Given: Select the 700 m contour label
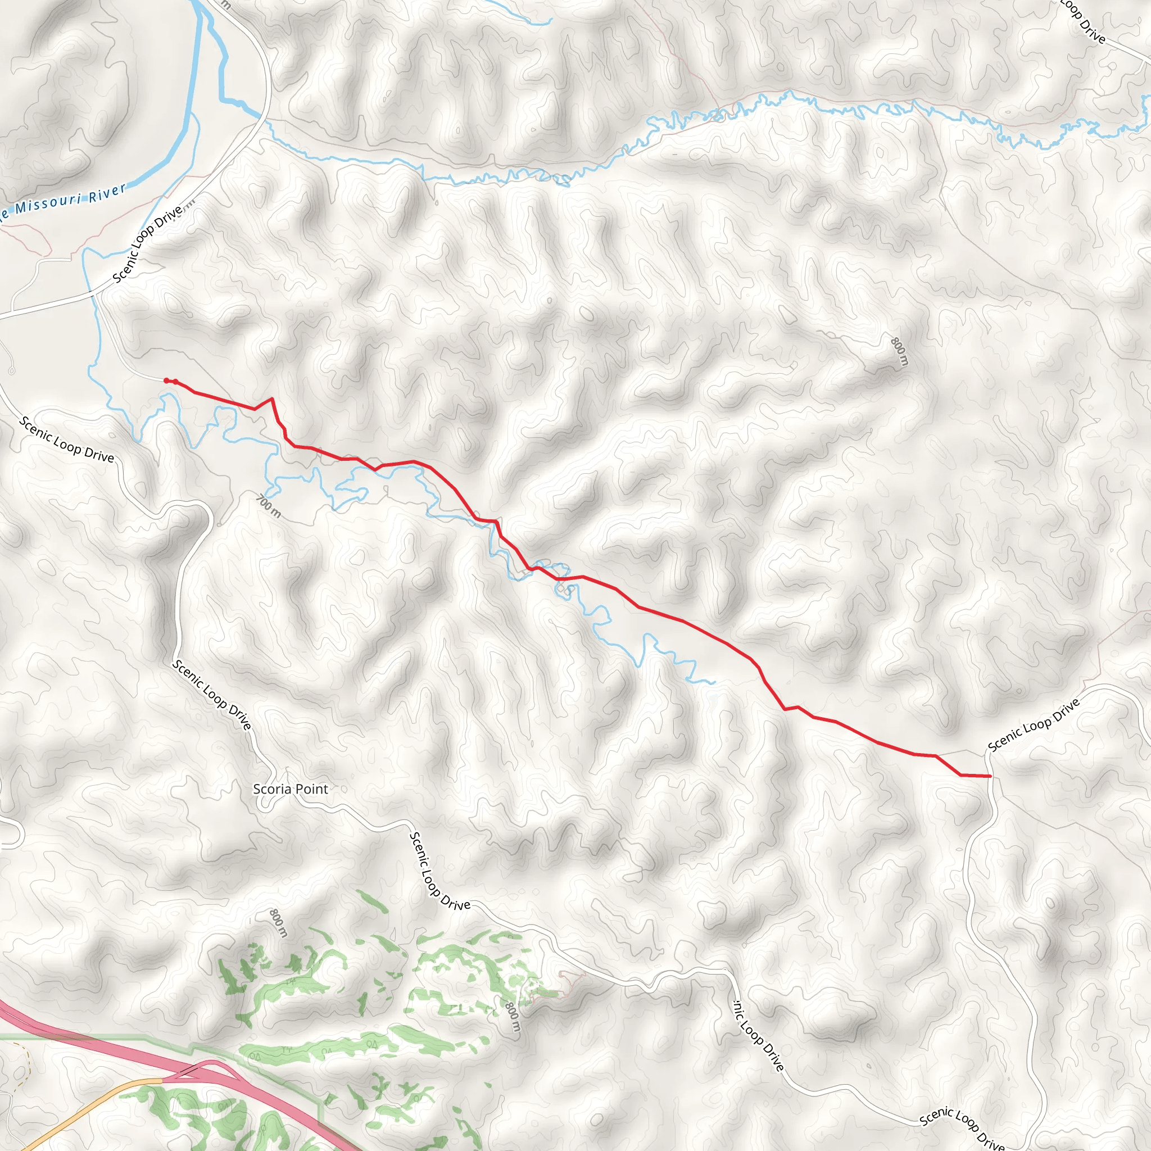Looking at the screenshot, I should (x=269, y=506).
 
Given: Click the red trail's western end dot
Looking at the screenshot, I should (x=166, y=380).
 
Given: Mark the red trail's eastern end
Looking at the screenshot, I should (x=989, y=776).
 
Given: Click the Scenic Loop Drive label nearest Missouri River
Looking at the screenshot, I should (x=148, y=244).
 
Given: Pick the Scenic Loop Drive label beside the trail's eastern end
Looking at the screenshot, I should (x=1034, y=724).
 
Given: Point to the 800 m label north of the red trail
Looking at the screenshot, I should (x=899, y=351).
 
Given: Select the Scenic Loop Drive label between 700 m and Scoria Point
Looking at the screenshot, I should (x=211, y=694).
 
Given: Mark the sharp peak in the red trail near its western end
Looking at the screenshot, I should (x=271, y=398).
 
